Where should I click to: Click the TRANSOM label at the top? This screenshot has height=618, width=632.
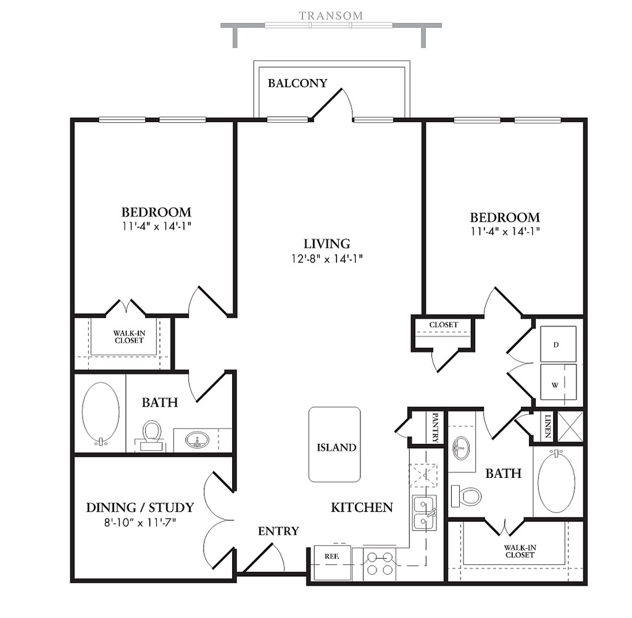(331, 15)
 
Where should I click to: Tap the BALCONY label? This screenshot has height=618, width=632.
(297, 83)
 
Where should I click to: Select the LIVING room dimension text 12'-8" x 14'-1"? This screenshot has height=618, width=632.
(327, 259)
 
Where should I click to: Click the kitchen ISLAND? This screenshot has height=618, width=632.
(335, 445)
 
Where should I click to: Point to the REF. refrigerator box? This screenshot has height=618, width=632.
(333, 563)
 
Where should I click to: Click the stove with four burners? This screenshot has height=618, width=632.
(380, 564)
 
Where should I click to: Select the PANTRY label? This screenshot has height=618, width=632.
(435, 427)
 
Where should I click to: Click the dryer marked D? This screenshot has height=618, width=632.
(558, 344)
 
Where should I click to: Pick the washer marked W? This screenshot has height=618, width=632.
(558, 382)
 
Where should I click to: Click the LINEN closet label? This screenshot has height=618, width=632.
(547, 426)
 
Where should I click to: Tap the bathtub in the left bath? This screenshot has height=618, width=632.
(101, 413)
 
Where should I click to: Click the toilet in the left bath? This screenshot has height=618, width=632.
(152, 435)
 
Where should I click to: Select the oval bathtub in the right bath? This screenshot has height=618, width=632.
(557, 482)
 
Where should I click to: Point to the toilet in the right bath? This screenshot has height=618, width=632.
(467, 496)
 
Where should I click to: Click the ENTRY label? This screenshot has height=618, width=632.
(278, 532)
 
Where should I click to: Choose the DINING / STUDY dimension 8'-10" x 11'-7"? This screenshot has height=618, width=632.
(140, 523)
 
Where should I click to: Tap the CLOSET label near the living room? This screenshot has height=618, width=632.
(443, 325)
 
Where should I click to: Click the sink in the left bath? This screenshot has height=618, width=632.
(197, 440)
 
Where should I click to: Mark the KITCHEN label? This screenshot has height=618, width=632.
(362, 507)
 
